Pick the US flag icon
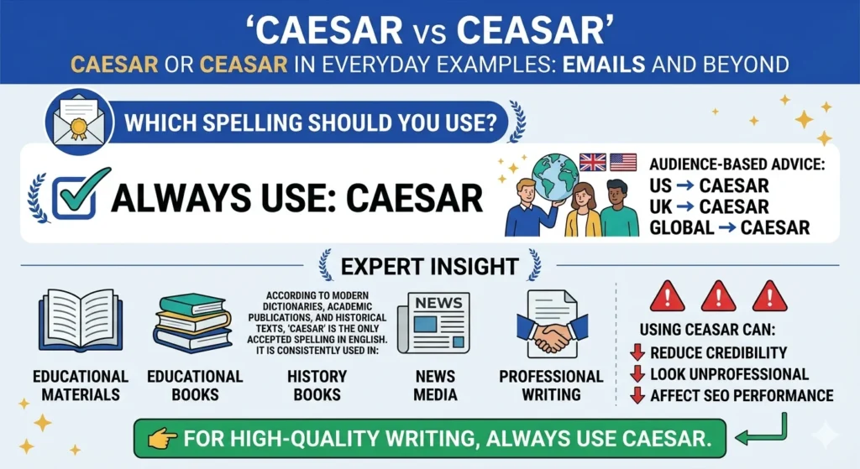pos(622,162)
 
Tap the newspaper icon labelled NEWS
pos(433,321)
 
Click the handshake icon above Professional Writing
pos(550,328)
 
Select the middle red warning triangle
pos(718,296)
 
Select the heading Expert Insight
pos(428,267)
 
